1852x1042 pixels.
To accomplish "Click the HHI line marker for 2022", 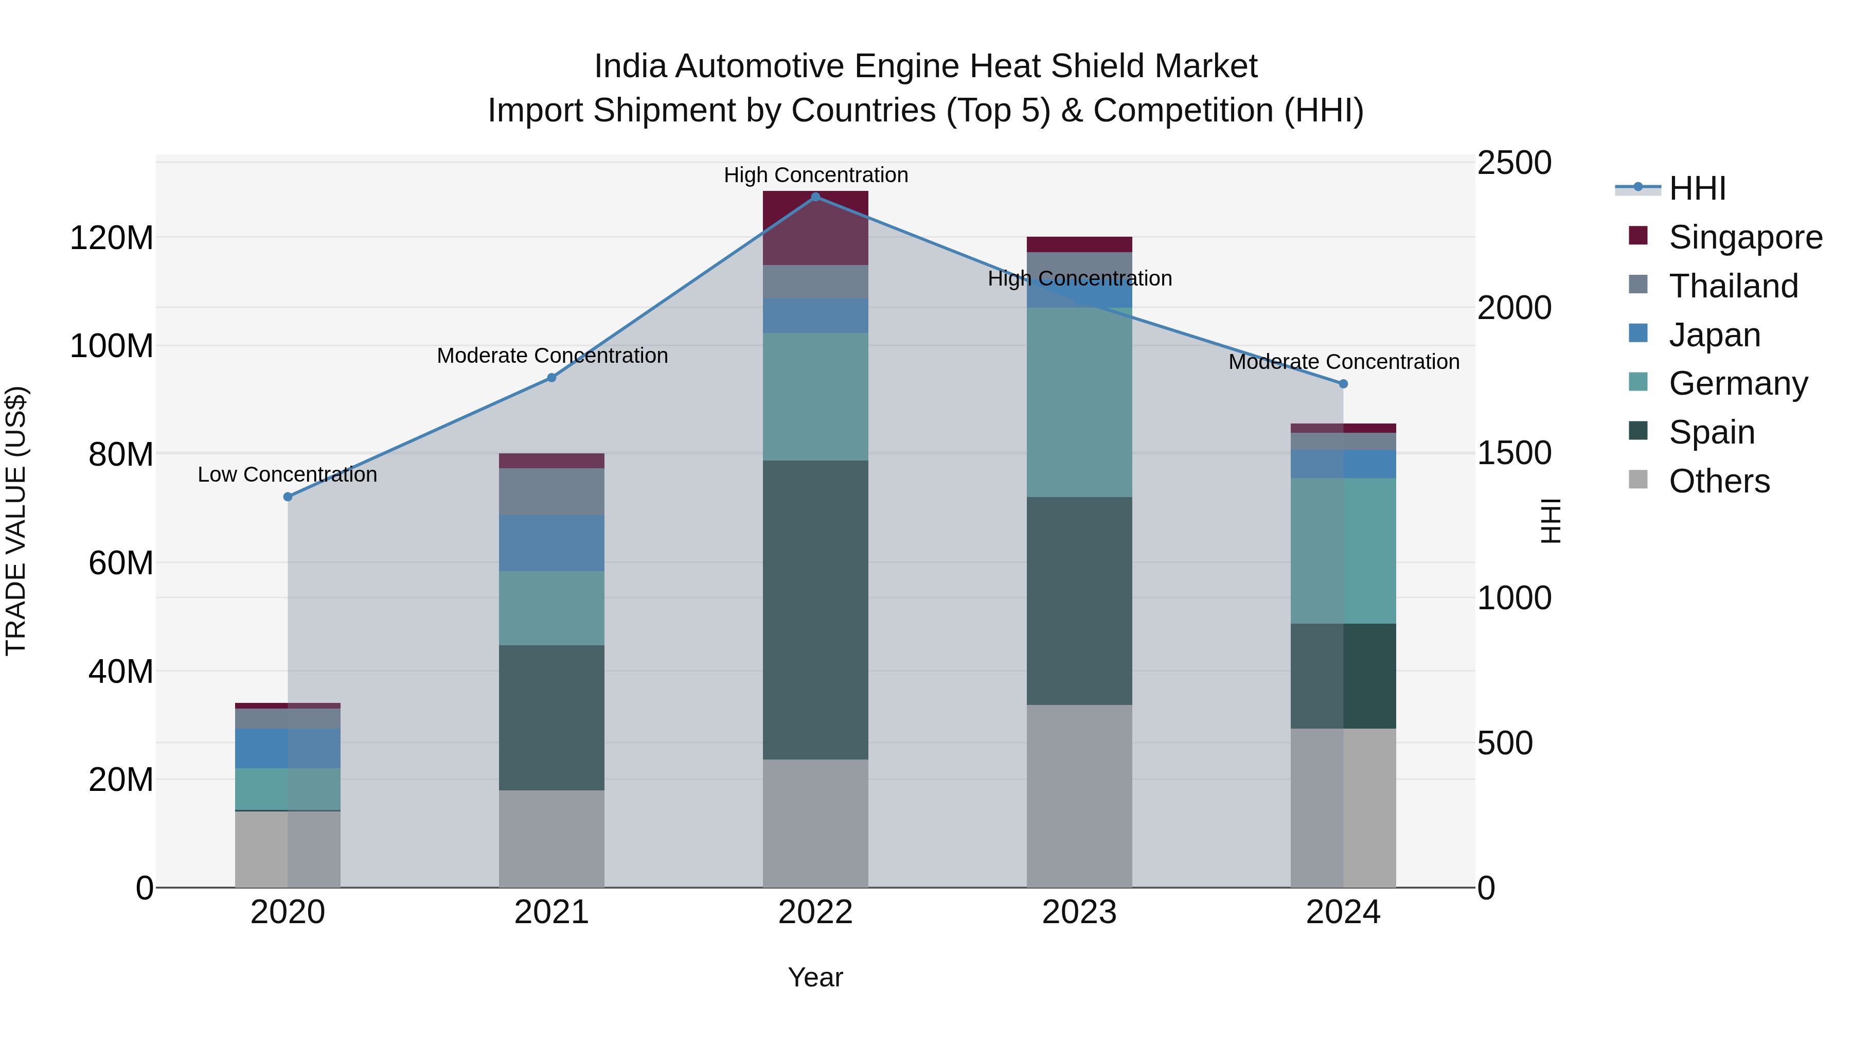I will (815, 197).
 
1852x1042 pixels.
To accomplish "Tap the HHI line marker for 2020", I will (288, 497).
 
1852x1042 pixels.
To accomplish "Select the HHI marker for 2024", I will (1343, 384).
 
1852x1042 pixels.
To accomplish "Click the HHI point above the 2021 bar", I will (551, 378).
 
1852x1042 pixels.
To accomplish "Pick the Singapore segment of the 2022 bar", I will (815, 228).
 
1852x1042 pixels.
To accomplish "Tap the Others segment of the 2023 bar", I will (1079, 796).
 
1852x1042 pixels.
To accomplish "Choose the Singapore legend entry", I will (1745, 237).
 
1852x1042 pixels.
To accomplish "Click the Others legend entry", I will (1718, 481).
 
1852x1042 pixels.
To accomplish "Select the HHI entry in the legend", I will (1697, 188).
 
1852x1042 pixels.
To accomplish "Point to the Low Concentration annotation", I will (287, 474).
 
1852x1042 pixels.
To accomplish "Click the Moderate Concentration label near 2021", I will (552, 356).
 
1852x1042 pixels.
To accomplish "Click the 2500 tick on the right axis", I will (1514, 163).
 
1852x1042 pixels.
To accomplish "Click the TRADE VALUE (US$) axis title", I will (16, 521).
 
